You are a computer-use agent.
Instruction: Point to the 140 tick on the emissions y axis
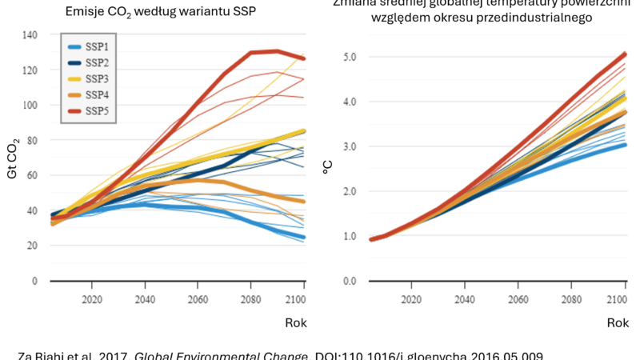30,34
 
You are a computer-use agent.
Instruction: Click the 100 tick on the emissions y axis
30,105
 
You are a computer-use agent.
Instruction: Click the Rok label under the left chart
295,323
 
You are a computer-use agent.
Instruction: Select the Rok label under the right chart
618,323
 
